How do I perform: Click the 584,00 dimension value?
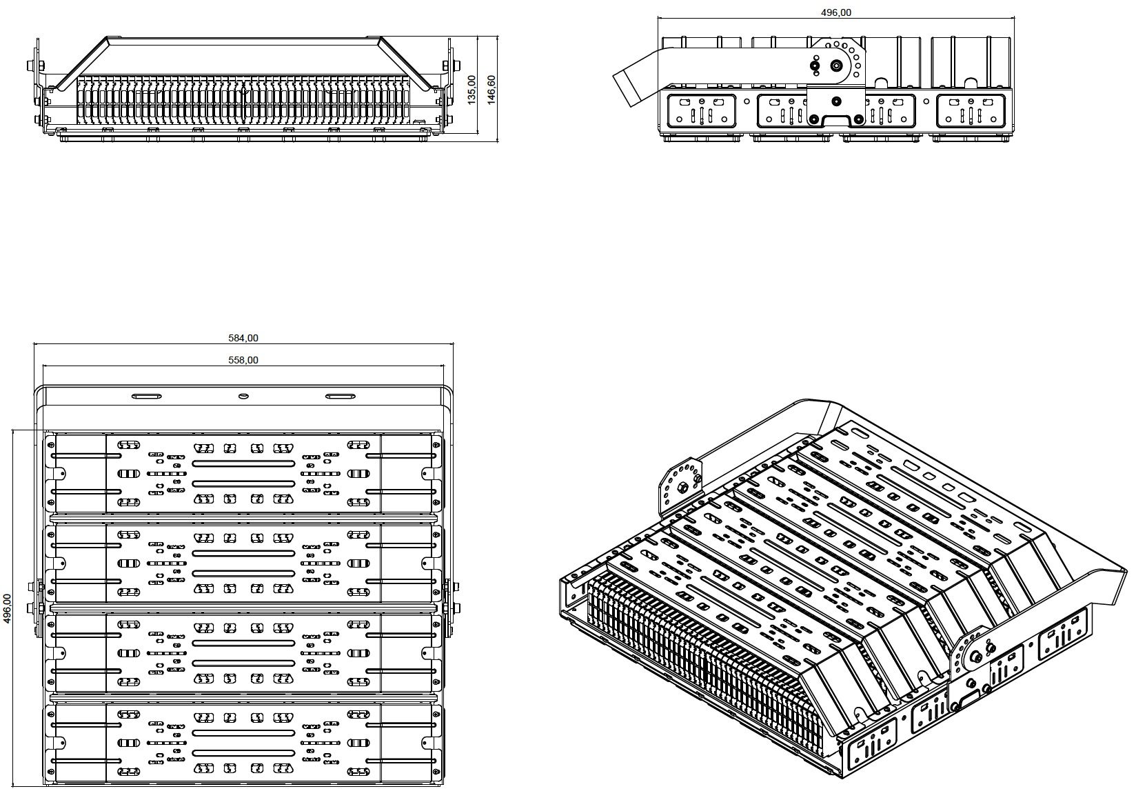tap(243, 338)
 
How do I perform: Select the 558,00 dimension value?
tap(243, 360)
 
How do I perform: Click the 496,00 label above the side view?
tap(836, 12)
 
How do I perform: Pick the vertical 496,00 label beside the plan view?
tap(8, 608)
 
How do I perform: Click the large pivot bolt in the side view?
tap(836, 66)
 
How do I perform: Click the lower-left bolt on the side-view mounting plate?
tap(815, 119)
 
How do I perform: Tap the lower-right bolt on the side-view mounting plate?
tap(858, 119)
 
